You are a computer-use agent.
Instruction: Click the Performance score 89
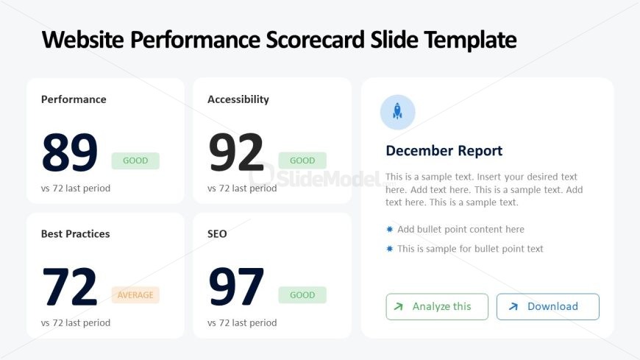pos(70,152)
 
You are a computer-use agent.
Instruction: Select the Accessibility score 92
pos(236,152)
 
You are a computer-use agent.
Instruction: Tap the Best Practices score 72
pos(70,287)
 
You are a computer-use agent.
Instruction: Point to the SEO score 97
pos(236,287)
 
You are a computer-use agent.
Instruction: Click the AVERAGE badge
pos(135,295)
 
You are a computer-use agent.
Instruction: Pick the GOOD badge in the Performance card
pos(135,160)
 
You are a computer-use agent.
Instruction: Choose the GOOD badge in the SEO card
pos(302,295)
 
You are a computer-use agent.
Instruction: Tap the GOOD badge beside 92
pos(302,160)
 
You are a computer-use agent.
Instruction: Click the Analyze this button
pos(437,306)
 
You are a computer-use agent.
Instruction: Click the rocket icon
pos(397,112)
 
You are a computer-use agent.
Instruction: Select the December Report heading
pos(444,151)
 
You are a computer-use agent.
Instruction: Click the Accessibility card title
pos(238,99)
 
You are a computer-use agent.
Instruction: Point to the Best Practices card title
pos(76,233)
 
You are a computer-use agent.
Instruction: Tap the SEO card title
pos(217,233)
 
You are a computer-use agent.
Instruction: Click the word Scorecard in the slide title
pos(315,40)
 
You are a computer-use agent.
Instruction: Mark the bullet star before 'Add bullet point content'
pos(389,229)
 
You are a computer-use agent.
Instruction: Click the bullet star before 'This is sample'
pos(389,248)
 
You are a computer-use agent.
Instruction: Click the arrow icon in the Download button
pos(513,306)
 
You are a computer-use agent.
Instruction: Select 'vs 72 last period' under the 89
pos(76,188)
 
